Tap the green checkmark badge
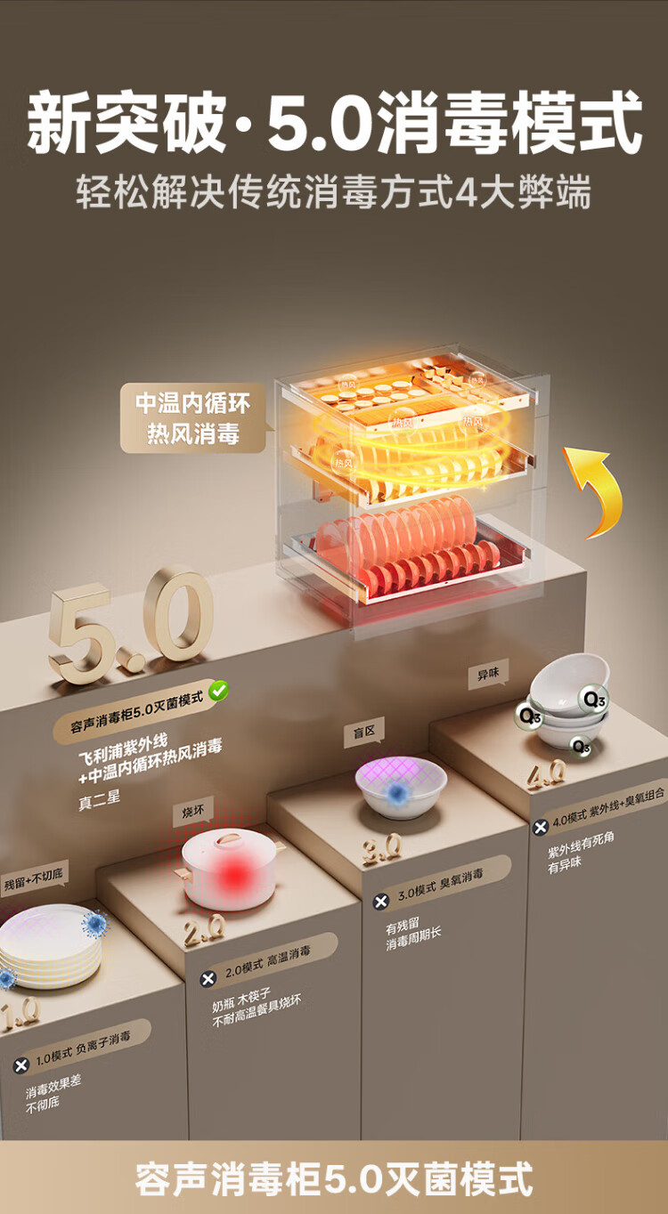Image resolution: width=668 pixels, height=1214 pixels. (x=218, y=690)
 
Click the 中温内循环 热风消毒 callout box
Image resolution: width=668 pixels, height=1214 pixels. (x=193, y=418)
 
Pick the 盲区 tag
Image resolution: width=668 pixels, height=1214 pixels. (x=364, y=732)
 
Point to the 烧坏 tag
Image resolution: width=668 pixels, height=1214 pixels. (x=193, y=812)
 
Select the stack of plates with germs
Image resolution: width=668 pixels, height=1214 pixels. (x=49, y=946)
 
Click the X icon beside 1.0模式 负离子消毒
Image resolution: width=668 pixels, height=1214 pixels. (x=21, y=1064)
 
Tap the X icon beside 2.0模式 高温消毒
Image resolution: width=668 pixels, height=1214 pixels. (x=208, y=978)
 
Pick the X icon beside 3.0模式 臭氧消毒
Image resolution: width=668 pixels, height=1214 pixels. (x=381, y=902)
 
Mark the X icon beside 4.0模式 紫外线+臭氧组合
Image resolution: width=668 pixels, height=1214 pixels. (x=540, y=827)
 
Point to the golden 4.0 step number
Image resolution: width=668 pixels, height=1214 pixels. (x=545, y=774)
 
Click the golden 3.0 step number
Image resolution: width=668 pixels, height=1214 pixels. (x=381, y=849)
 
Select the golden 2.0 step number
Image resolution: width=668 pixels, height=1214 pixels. (x=204, y=931)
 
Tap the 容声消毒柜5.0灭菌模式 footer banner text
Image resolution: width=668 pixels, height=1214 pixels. (x=334, y=1178)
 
